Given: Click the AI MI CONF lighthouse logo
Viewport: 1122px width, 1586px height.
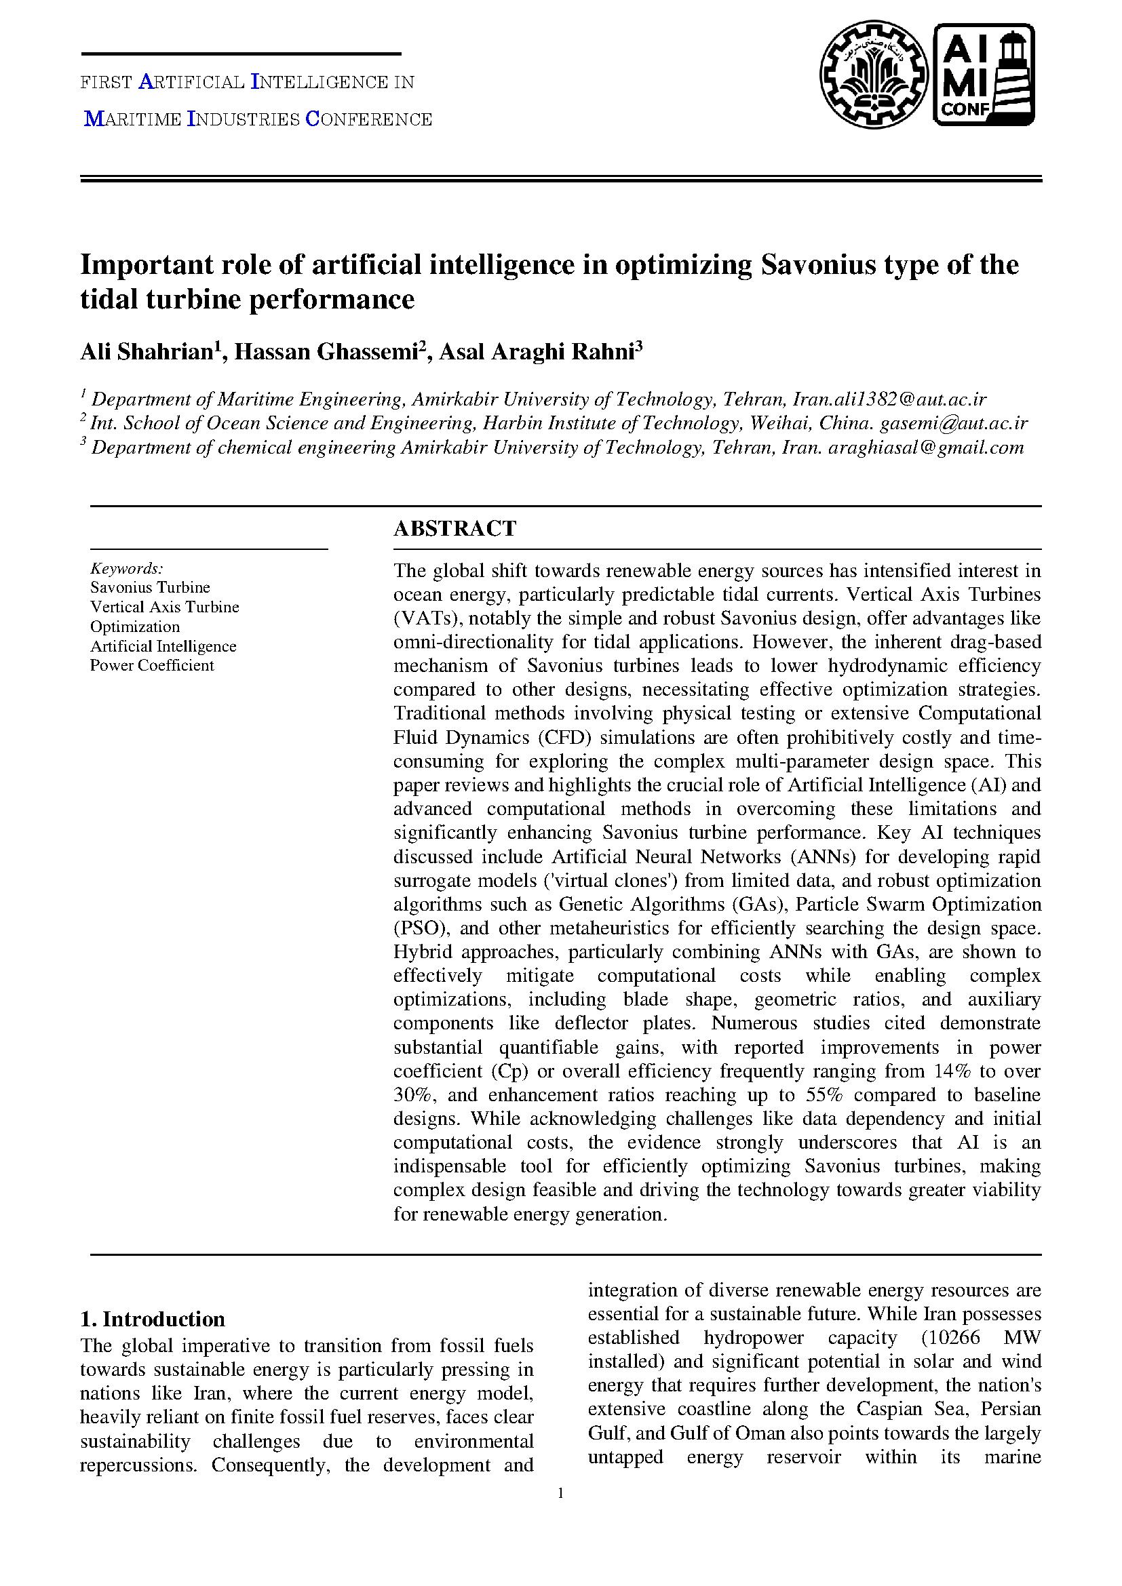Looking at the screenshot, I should (x=984, y=75).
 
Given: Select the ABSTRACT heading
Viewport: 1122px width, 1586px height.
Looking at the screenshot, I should (x=454, y=528).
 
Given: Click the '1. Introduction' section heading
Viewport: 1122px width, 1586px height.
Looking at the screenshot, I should (x=153, y=1319).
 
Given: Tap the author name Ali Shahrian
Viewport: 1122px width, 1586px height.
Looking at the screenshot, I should (x=147, y=352).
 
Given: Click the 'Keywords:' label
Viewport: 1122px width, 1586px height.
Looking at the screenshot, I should (x=126, y=568).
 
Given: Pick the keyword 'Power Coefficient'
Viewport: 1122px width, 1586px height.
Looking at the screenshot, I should (x=152, y=665).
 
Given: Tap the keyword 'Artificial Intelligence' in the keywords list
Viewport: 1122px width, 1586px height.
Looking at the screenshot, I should (x=163, y=646).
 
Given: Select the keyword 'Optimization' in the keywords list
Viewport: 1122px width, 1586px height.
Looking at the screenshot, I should (x=135, y=627).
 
